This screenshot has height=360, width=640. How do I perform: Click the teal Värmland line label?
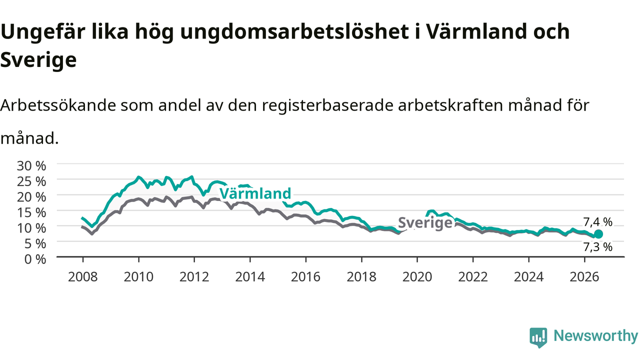(x=255, y=193)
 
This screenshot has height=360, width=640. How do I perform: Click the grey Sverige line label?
(x=425, y=222)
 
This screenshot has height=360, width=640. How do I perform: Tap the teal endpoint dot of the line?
(x=598, y=234)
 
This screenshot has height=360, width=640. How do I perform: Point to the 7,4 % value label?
(x=597, y=222)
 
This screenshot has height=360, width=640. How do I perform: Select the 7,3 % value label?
(x=597, y=247)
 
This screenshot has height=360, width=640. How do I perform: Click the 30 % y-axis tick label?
(x=31, y=165)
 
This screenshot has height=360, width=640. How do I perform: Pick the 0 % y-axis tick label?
(x=35, y=259)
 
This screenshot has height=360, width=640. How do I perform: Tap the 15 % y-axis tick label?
(x=31, y=212)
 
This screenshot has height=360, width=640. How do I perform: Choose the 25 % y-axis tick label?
(x=31, y=181)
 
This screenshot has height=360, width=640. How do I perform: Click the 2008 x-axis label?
(x=83, y=277)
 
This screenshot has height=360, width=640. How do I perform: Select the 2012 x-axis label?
(x=194, y=277)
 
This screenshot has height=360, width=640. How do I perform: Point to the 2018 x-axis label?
(x=361, y=277)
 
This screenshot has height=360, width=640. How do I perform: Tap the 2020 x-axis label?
(x=417, y=277)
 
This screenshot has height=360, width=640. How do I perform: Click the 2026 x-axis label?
(x=584, y=277)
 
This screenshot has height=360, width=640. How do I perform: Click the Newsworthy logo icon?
(x=538, y=337)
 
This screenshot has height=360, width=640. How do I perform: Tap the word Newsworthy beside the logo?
(x=595, y=335)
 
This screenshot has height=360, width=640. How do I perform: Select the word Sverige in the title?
(x=38, y=60)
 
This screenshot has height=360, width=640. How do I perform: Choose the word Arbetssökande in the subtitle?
(x=58, y=105)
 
